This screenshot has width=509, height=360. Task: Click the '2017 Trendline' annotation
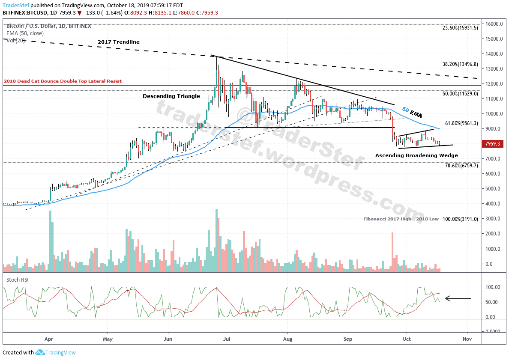pos(119,42)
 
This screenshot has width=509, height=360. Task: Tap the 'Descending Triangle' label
pos(171,96)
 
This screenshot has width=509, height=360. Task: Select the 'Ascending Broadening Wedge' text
pos(416,155)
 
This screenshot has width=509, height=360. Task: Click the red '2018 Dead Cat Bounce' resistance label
pos(63,81)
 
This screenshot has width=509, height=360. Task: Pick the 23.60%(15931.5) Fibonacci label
pos(460,28)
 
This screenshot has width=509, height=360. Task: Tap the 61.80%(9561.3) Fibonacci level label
pos(461,123)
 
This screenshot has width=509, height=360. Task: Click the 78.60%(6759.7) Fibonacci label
pos(461,165)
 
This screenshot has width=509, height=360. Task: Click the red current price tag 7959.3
pos(492,144)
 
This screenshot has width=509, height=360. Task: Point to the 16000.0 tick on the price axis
pos(493,24)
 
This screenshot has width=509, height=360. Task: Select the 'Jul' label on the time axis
pos(227,339)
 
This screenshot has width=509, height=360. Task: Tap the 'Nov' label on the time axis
pos(467,339)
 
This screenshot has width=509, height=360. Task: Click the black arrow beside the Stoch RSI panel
pos(458,298)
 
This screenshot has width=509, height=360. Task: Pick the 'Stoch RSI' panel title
pos(17,280)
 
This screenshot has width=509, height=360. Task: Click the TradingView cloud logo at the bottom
pos(41,352)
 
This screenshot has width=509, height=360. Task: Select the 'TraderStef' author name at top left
pos(16,6)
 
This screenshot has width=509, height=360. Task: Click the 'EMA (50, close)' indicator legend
pos(25,33)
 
